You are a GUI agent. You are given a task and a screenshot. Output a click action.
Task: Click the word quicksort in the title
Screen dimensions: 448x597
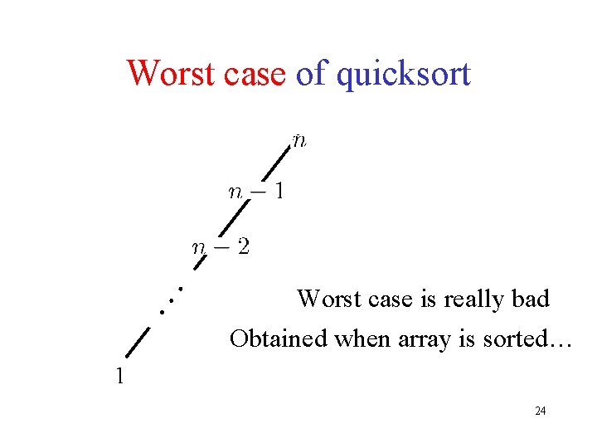[x=404, y=75]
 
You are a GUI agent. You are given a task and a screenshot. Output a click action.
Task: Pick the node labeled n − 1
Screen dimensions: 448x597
[x=257, y=192]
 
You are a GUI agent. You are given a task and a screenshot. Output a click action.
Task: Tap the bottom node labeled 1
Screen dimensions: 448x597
[x=120, y=376]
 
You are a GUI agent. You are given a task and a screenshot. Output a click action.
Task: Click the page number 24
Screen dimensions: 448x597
[x=540, y=411]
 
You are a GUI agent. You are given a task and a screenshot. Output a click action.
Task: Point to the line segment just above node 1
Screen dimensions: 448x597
[x=138, y=341]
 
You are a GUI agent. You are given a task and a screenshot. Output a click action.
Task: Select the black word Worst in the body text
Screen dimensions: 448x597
[x=330, y=299]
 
